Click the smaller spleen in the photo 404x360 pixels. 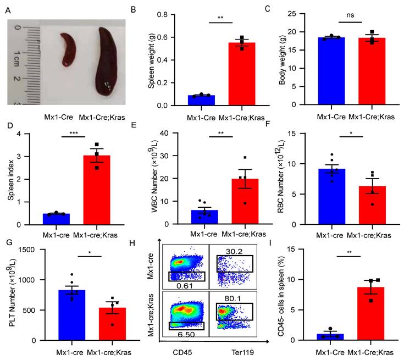[x=68, y=49]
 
